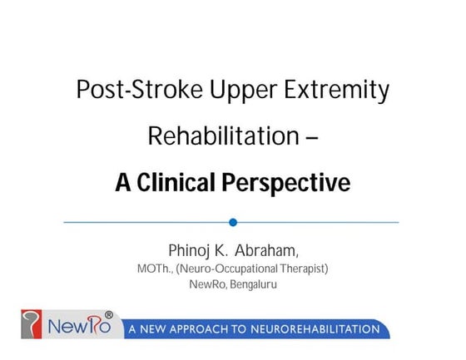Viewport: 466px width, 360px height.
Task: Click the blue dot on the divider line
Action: pos(233,222)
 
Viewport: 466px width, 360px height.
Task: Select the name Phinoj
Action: pos(191,251)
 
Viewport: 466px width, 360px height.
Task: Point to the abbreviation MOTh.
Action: pos(155,269)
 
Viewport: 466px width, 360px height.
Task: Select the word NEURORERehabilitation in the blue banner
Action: pos(325,330)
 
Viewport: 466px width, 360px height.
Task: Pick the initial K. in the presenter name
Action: pos(224,251)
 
